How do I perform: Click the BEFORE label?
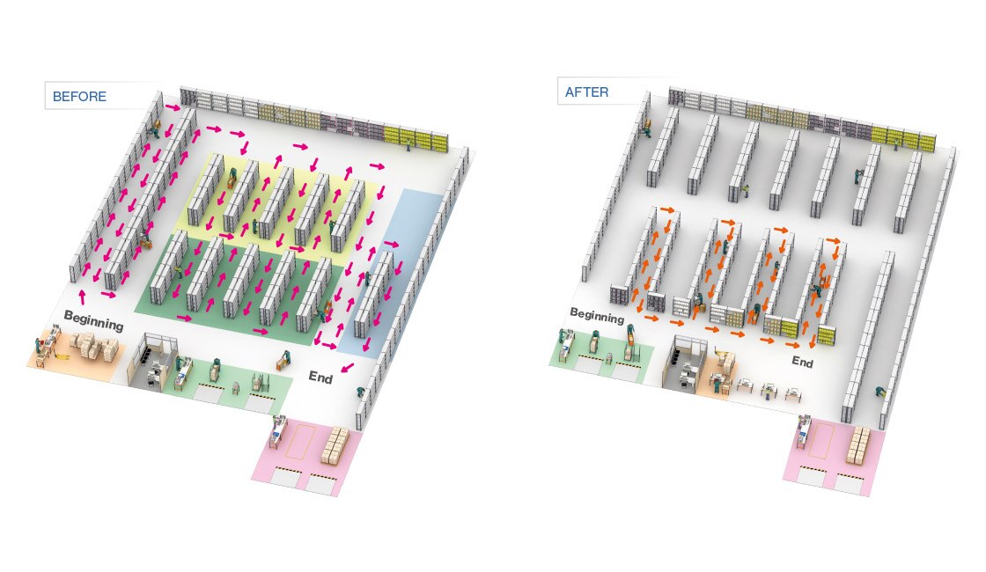click(79, 96)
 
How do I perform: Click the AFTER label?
click(587, 92)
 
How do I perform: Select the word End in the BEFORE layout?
click(320, 376)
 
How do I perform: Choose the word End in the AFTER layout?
click(802, 361)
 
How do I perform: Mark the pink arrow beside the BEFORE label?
click(173, 107)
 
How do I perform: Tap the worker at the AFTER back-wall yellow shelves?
click(896, 144)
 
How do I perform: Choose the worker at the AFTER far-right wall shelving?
click(881, 392)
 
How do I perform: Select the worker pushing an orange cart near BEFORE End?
click(283, 359)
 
